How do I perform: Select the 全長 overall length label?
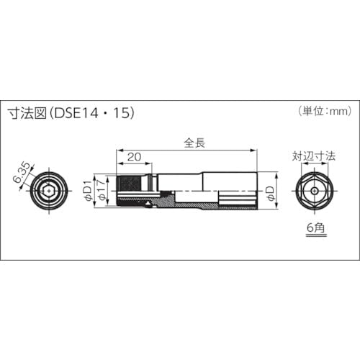(x=194, y=143)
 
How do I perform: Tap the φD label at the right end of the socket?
(x=269, y=192)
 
